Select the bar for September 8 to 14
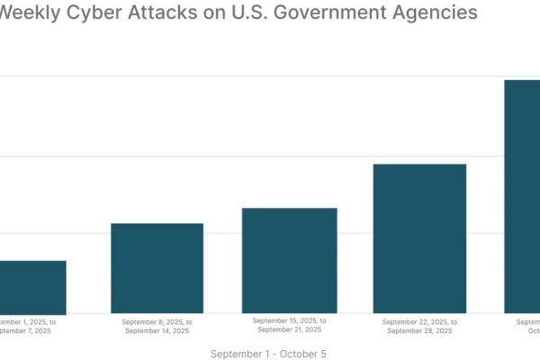point(157,267)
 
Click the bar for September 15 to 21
point(290,260)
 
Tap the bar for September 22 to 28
point(419,238)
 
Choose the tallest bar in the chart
point(522,196)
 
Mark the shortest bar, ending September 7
point(32,286)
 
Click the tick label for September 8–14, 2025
point(157,326)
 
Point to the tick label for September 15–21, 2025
point(290,325)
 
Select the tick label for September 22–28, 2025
point(419,326)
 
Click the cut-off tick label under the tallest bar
point(527,326)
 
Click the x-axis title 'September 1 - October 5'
point(268,354)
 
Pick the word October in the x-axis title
point(301,354)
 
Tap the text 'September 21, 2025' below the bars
point(290,330)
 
